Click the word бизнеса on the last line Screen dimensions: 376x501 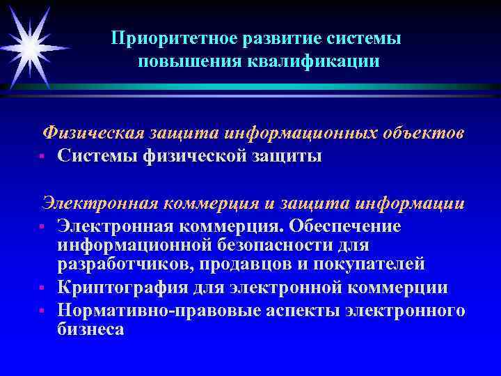point(90,329)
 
